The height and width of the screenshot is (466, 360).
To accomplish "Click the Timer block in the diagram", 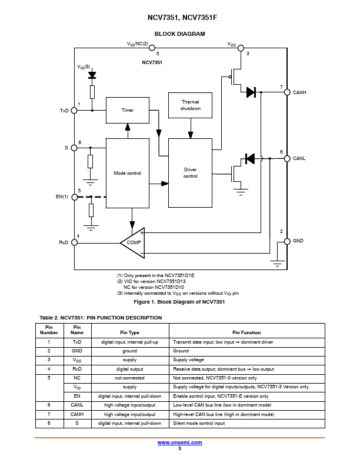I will (x=128, y=110).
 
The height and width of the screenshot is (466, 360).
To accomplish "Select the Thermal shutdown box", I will (x=190, y=105).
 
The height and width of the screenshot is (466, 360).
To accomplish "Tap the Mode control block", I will (x=128, y=173).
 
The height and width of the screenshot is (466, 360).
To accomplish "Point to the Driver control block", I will (x=190, y=173).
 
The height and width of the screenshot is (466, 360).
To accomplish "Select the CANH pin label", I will (x=299, y=92).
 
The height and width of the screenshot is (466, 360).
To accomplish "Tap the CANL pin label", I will (x=299, y=158).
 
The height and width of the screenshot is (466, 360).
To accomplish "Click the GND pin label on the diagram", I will (x=299, y=241).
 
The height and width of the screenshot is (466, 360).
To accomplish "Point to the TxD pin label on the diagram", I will (x=64, y=111).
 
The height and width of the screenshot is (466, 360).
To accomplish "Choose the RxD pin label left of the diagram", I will (x=64, y=242).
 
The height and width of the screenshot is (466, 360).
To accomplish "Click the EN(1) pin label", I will (x=61, y=197).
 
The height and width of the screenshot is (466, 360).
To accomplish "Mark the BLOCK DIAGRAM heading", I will (x=179, y=34).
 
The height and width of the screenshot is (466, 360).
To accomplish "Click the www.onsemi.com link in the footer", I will (x=179, y=442).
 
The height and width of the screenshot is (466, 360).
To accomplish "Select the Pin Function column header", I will (x=246, y=332).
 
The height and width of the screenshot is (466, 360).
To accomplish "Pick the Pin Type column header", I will (x=129, y=332).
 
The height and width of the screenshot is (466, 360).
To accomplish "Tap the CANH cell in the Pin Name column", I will (x=77, y=414).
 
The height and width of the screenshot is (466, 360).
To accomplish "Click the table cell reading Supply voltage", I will (x=188, y=360).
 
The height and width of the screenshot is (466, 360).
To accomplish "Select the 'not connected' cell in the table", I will (x=129, y=378).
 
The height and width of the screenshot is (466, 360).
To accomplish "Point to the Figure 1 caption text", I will (x=179, y=302).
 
